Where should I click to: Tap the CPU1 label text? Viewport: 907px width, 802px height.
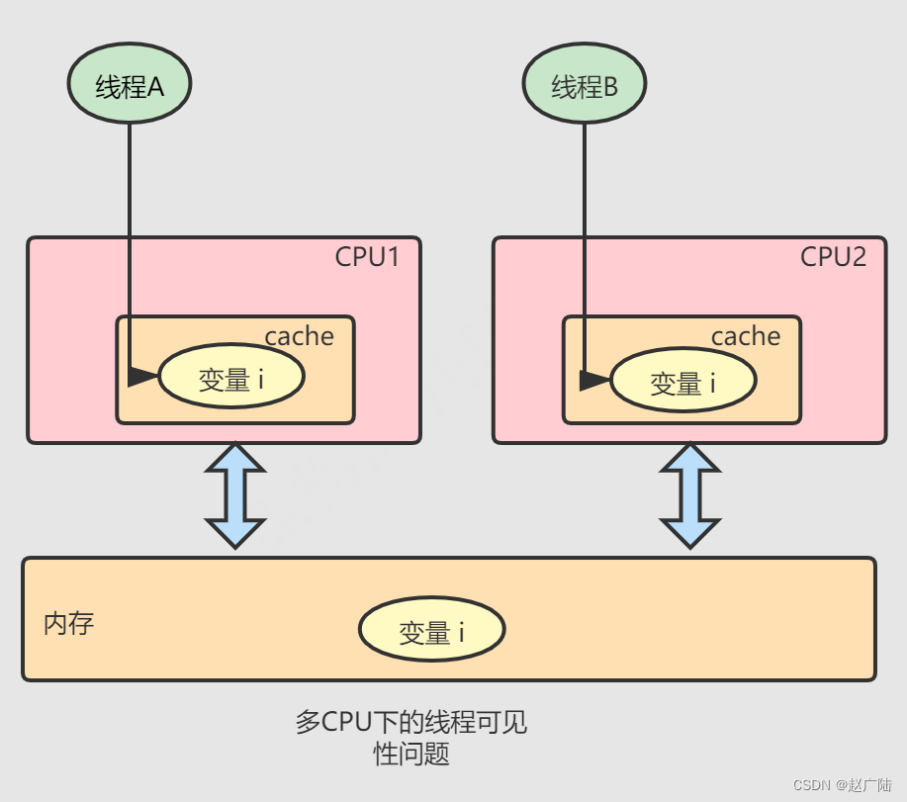point(367,257)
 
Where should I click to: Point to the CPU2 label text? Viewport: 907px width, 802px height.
point(833,257)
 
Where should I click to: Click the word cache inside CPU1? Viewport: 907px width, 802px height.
point(299,336)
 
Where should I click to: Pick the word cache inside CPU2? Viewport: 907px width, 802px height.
point(746,336)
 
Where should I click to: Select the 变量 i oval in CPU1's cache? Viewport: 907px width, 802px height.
point(231,378)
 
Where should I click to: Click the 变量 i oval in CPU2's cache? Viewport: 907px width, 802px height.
point(682,382)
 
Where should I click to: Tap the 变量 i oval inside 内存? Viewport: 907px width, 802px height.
point(431,631)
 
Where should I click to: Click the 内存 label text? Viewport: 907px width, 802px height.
point(69,624)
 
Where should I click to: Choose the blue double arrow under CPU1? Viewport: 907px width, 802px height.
point(234,495)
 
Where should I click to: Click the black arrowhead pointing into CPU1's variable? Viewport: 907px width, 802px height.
point(142,377)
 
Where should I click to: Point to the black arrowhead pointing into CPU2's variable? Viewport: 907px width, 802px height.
point(593,381)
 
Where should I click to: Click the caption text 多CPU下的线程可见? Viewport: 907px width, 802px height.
point(410,722)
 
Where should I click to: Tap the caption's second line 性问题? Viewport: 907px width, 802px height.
point(410,755)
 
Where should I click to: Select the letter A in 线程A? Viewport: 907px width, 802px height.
point(155,87)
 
